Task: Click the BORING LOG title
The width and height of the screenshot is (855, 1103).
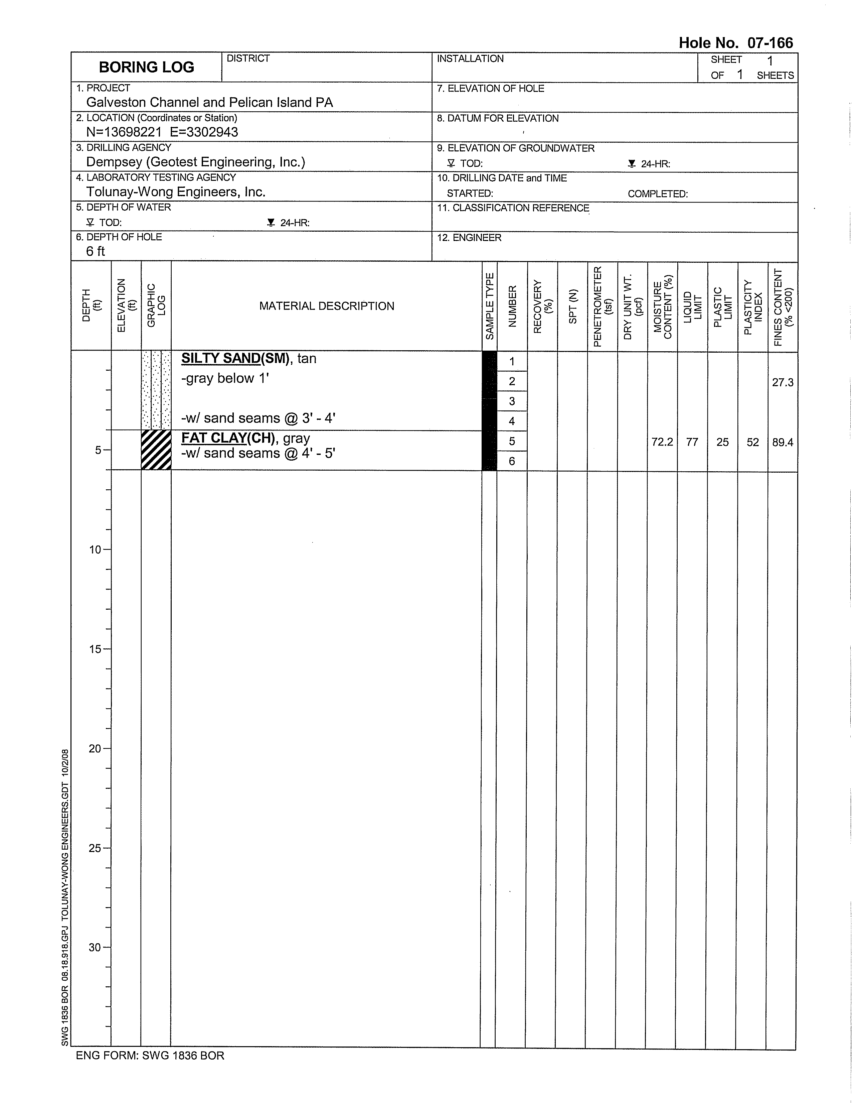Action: click(x=146, y=67)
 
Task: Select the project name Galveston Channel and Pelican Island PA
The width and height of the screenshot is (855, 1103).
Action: click(x=209, y=103)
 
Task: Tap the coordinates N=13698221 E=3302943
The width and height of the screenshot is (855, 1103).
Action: click(x=162, y=132)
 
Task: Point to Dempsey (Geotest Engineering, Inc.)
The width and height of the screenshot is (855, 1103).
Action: click(x=196, y=162)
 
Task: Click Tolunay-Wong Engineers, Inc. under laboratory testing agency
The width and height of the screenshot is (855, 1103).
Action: click(x=176, y=192)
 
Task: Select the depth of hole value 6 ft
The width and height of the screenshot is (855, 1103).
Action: click(x=96, y=251)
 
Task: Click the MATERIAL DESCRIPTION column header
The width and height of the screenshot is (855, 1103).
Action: click(x=327, y=306)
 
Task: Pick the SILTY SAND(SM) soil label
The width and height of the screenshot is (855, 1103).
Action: click(x=235, y=359)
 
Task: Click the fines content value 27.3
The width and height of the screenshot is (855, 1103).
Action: click(x=782, y=383)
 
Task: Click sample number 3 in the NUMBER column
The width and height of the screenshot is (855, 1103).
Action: click(x=512, y=401)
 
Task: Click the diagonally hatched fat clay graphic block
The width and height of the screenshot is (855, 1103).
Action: click(x=156, y=450)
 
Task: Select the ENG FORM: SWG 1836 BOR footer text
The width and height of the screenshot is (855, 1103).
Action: click(x=150, y=1056)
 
